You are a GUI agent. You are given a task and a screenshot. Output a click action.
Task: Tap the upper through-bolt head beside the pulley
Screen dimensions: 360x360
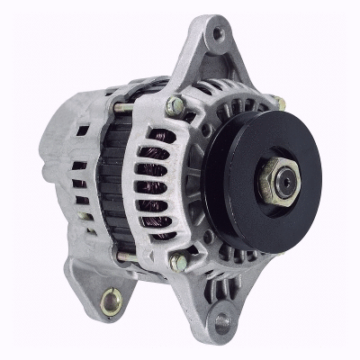(177, 106)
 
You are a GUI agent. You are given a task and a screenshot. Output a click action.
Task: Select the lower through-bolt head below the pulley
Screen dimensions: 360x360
(179, 262)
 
